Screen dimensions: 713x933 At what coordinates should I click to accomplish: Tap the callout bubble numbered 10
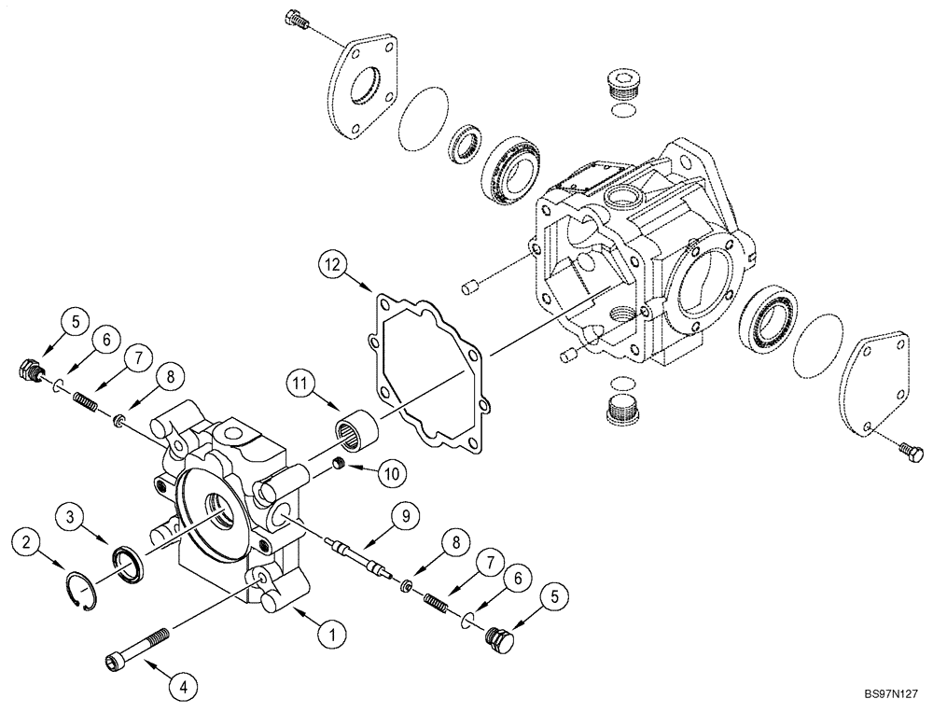[390, 474]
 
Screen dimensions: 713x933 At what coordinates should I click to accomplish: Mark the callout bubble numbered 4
[183, 686]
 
